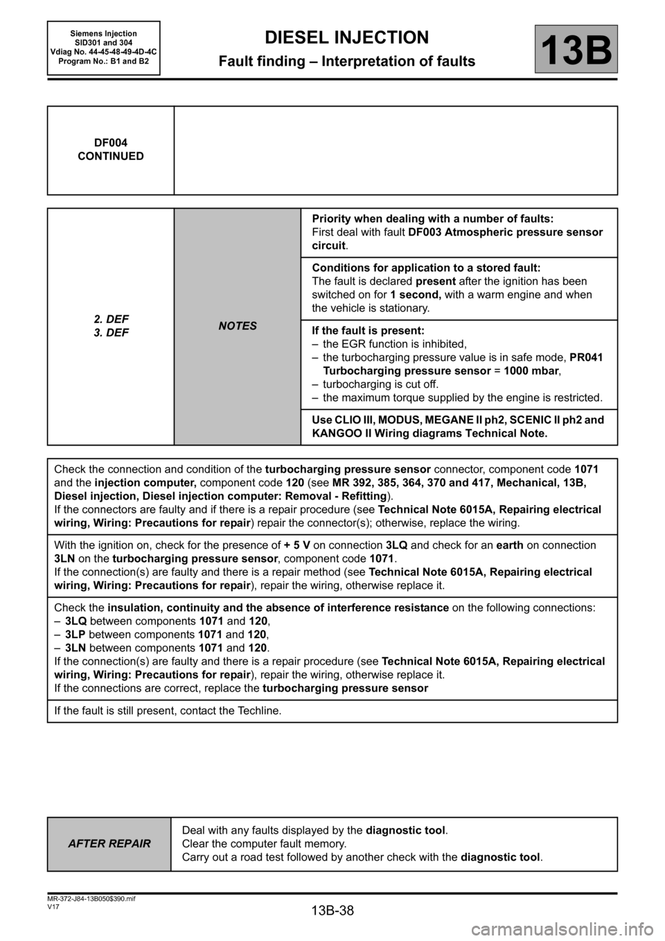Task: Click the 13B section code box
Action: tap(575, 49)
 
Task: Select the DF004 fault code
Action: tap(111, 143)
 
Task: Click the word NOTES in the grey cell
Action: tap(238, 326)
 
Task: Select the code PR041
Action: tap(585, 358)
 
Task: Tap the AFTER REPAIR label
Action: tap(109, 844)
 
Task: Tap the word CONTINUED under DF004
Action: tap(111, 156)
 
